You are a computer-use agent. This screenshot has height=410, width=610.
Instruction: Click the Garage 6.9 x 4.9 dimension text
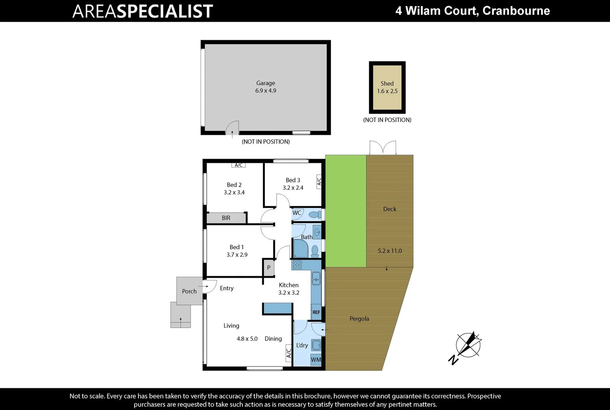point(266,91)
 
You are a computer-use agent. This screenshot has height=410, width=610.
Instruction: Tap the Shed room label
point(387,84)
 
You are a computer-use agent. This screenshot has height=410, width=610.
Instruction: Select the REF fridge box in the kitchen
point(316,312)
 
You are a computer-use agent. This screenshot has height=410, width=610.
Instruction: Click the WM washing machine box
point(316,360)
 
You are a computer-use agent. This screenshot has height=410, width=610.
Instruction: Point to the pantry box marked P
point(269,268)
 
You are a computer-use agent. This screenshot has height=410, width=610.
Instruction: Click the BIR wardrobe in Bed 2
point(226,218)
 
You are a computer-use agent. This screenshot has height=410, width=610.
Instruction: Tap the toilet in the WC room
point(314,214)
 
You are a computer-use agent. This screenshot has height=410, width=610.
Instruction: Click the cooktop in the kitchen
point(297,265)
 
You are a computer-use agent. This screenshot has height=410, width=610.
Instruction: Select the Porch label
point(189,291)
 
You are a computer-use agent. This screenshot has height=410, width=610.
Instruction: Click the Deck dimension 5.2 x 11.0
point(390,251)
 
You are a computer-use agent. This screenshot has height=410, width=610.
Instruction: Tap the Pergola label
point(359,319)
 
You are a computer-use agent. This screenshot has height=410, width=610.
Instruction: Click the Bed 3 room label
point(293,180)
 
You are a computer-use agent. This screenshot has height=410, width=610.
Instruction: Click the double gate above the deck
point(383,148)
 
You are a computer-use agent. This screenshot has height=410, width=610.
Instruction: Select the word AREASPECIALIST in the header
point(143,11)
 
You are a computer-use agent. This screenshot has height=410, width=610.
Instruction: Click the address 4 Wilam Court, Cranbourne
point(473,11)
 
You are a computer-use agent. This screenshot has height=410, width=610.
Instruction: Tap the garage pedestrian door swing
point(232,128)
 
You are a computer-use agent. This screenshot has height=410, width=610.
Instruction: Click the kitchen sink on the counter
point(316,279)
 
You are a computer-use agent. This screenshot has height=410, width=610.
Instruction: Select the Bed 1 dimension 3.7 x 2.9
point(237,255)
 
